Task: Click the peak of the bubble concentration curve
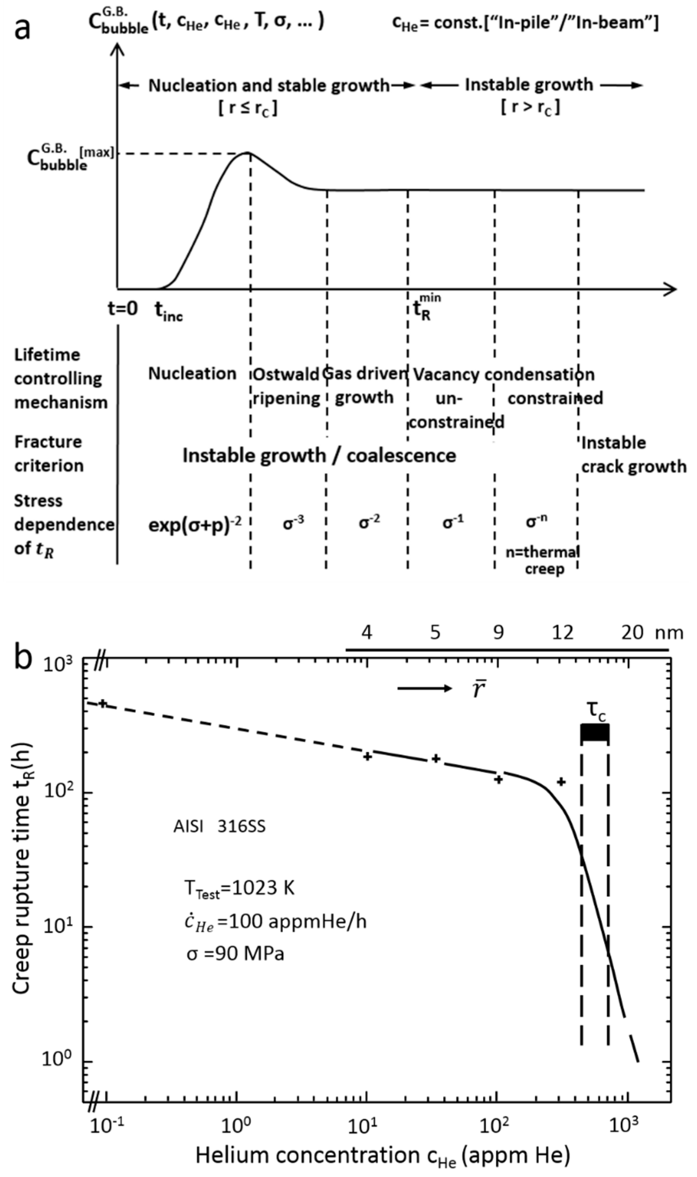(x=248, y=153)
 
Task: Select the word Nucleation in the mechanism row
(x=192, y=374)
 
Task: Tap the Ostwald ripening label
(x=286, y=386)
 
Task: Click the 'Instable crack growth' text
(x=633, y=455)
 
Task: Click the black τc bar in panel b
(x=595, y=733)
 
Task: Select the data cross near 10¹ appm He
(x=368, y=756)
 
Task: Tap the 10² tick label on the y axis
(x=57, y=792)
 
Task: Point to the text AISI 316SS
(x=219, y=826)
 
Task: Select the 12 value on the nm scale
(x=562, y=633)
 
